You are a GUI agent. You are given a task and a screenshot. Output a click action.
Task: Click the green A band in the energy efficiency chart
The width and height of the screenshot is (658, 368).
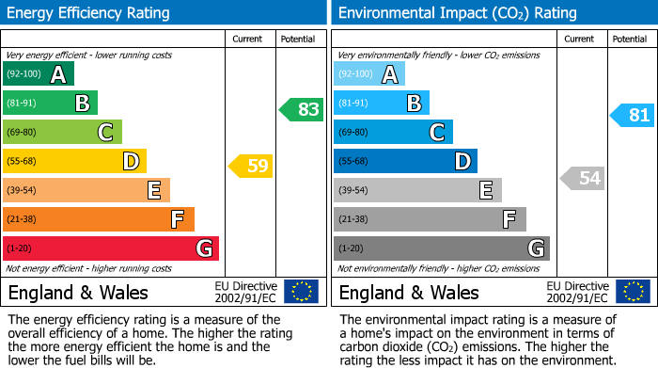pyautogui.click(x=38, y=74)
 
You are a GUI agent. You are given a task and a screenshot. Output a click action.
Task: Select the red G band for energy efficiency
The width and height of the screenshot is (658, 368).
pyautogui.click(x=110, y=248)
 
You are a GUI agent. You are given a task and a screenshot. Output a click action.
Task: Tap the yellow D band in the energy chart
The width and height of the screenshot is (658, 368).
pyautogui.click(x=74, y=161)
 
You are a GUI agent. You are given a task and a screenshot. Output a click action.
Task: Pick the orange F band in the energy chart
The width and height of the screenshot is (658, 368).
pyautogui.click(x=98, y=219)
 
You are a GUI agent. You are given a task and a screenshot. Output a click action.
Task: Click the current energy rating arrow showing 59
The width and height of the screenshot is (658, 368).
pyautogui.click(x=251, y=167)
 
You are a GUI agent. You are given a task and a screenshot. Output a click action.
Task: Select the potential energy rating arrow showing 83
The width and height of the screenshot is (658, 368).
pyautogui.click(x=302, y=109)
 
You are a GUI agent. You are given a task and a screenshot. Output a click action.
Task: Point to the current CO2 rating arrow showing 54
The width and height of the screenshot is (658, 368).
pyautogui.click(x=583, y=178)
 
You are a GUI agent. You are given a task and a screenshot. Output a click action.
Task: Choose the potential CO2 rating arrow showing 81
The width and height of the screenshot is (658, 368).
pyautogui.click(x=633, y=116)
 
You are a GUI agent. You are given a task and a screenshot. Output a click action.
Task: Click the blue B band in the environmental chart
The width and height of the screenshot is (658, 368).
pyautogui.click(x=381, y=103)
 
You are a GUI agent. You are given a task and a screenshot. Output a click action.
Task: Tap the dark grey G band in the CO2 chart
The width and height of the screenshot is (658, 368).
pyautogui.click(x=441, y=248)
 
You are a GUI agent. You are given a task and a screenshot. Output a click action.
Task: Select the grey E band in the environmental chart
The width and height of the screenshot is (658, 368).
pyautogui.click(x=417, y=190)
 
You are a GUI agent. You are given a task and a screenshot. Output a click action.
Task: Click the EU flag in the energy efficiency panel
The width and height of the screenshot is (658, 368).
pyautogui.click(x=301, y=292)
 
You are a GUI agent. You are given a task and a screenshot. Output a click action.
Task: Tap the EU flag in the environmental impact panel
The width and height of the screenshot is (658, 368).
pyautogui.click(x=632, y=292)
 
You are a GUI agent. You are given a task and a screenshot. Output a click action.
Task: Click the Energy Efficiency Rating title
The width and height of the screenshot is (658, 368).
pyautogui.click(x=89, y=13)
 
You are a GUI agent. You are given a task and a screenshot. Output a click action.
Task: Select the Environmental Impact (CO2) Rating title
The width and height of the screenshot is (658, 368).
pyautogui.click(x=457, y=13)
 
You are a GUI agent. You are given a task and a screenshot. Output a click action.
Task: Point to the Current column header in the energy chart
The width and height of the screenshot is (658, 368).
pyautogui.click(x=248, y=39)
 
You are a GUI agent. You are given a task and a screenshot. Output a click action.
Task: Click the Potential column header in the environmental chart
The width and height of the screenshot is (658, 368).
pyautogui.click(x=630, y=39)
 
